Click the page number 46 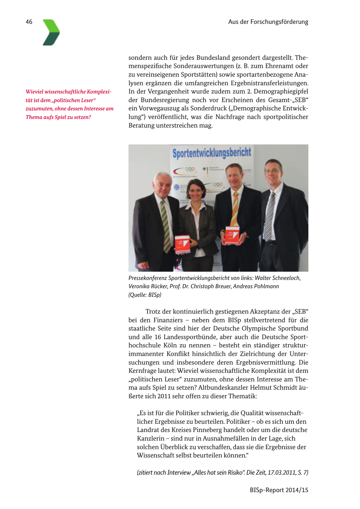pyautogui.click(x=29, y=22)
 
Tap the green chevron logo pyautogui.click(x=51, y=32)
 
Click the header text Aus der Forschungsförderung pyautogui.click(x=268, y=22)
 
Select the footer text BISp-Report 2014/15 pyautogui.click(x=279, y=490)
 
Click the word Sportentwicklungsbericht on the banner pyautogui.click(x=212, y=153)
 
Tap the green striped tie pyautogui.click(x=165, y=226)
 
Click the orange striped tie pyautogui.click(x=235, y=208)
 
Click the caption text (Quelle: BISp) pyautogui.click(x=145, y=295)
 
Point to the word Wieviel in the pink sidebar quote pyautogui.click(x=34, y=92)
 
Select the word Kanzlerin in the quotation pyautogui.click(x=150, y=438)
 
